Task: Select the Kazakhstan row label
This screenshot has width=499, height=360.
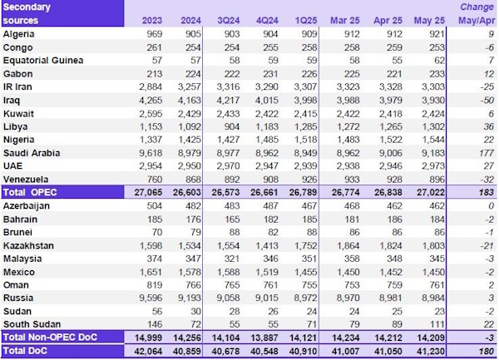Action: point(29,246)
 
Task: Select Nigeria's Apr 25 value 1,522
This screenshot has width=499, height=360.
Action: point(383,140)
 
